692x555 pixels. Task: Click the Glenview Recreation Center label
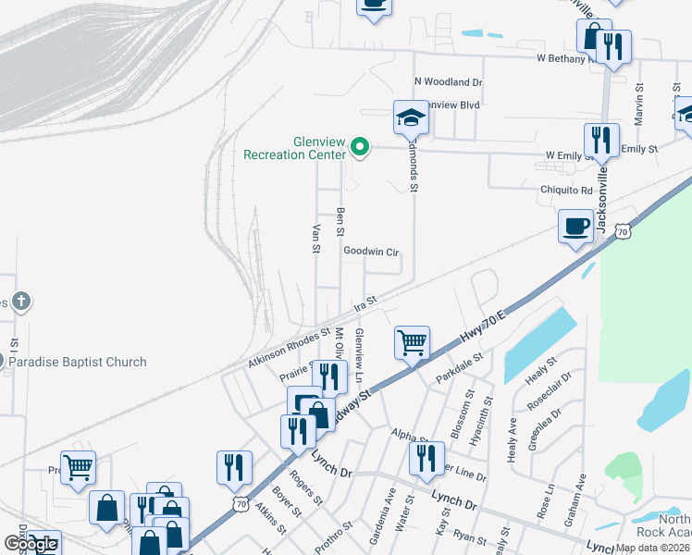[293, 148]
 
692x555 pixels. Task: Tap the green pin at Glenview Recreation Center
[360, 147]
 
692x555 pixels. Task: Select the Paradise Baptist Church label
[78, 362]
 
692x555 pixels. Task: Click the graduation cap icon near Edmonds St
[411, 117]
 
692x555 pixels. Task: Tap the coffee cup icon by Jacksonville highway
[576, 226]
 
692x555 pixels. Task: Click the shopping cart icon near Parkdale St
[412, 342]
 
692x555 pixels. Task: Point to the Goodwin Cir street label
[370, 251]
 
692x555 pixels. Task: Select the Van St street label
[316, 238]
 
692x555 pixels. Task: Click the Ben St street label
[340, 221]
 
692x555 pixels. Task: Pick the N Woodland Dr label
[448, 82]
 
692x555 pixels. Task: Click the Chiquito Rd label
[566, 190]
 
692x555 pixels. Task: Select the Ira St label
[366, 302]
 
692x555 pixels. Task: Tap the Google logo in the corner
[31, 544]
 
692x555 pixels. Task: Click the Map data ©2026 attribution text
[653, 548]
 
